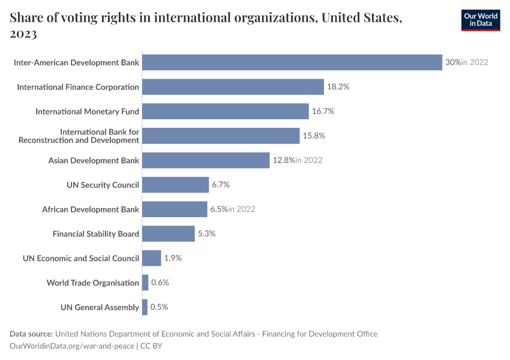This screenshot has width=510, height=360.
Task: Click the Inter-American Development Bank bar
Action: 292,62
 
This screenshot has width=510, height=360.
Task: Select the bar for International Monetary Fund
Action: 226,112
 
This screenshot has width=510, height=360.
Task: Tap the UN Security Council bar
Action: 175,185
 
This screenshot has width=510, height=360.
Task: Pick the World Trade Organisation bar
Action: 145,283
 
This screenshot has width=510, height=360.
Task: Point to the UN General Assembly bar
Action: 145,307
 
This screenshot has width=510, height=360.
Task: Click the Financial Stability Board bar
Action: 169,234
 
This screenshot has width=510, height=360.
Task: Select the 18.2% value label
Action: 338,87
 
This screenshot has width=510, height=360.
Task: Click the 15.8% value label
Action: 314,136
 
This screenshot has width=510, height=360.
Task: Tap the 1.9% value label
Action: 173,259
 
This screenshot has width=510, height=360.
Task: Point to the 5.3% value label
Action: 206,234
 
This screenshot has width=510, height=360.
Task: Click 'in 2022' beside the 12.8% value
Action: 309,160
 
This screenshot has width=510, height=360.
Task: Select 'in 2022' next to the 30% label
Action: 475,62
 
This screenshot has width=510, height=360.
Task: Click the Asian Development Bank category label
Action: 94,160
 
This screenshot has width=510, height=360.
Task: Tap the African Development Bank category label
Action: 91,209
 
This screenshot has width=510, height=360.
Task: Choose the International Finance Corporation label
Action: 78,87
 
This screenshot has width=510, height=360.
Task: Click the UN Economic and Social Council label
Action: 81,259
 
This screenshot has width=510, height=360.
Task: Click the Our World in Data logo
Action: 480,20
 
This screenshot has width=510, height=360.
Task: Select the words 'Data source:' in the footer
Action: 31,334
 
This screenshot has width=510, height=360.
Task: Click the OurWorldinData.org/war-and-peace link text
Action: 73,346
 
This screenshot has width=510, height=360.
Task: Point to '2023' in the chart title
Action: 23,34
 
